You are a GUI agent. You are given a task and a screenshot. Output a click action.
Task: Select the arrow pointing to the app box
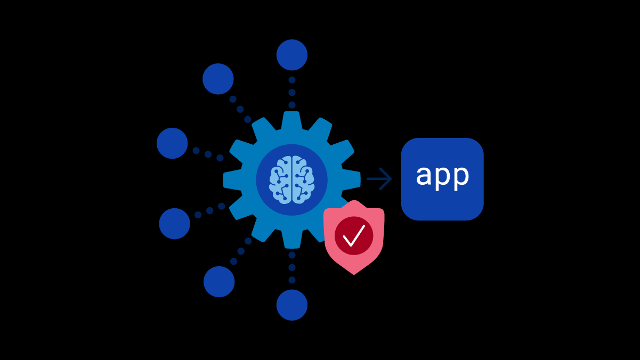tap(379, 179)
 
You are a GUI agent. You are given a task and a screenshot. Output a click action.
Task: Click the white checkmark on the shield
tap(354, 235)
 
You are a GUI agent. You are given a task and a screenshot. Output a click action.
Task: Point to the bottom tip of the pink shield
tap(354, 274)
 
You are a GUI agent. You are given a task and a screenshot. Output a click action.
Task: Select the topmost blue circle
tap(292, 55)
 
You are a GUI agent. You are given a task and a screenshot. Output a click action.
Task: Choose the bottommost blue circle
tap(292, 305)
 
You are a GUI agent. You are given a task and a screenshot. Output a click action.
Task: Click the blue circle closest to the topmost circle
tap(218, 79)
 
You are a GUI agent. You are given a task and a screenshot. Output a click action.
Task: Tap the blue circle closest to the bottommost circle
tap(219, 282)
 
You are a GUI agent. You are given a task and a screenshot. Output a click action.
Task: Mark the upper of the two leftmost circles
tap(172, 143)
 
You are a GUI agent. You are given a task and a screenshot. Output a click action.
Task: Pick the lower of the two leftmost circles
tap(174, 224)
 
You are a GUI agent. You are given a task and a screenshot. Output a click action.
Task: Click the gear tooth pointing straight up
tap(292, 118)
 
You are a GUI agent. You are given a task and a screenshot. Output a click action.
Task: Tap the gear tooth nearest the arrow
tap(353, 179)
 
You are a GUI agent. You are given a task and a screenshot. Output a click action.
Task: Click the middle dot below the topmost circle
tap(292, 93)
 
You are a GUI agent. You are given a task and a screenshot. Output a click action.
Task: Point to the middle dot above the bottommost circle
tap(292, 267)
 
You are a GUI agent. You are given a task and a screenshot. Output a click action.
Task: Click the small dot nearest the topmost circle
tap(292, 80)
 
